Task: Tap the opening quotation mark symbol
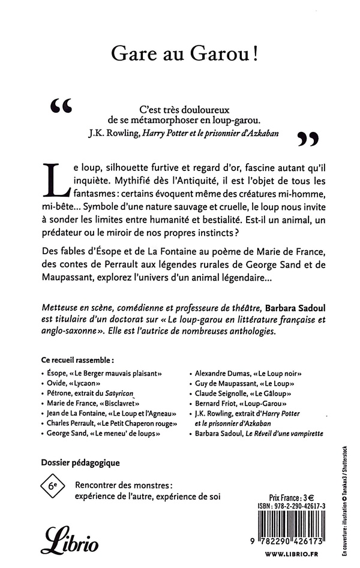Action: (63, 107)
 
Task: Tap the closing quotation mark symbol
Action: (307, 140)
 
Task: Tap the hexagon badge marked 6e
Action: (53, 485)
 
